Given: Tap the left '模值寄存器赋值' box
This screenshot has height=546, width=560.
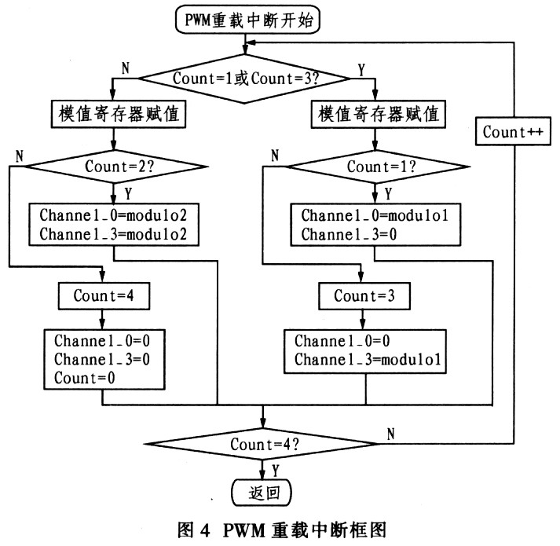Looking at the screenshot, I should pyautogui.click(x=115, y=115).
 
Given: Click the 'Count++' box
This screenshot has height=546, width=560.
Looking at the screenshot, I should pyautogui.click(x=514, y=131).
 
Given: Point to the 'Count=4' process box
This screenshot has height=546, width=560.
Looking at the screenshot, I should pyautogui.click(x=103, y=296).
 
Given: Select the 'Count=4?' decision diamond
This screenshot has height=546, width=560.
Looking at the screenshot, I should pyautogui.click(x=263, y=445).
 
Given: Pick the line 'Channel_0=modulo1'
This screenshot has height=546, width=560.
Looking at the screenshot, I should pyautogui.click(x=364, y=214).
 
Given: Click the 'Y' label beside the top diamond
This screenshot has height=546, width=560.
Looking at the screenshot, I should pyautogui.click(x=362, y=69).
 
